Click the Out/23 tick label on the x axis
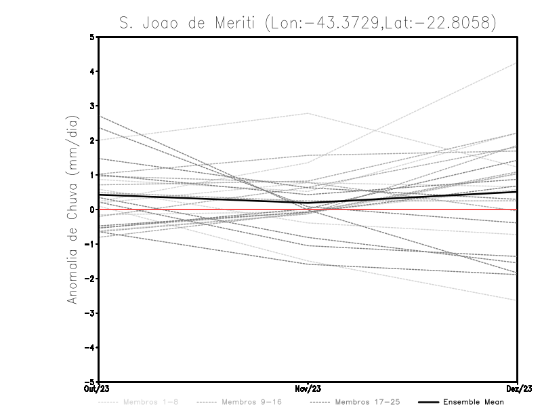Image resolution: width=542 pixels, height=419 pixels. [93, 388]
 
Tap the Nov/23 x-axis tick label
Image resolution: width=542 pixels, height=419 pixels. [308, 388]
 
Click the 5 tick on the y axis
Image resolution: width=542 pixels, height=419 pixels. [92, 37]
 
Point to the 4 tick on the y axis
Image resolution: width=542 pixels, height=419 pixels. [92, 71]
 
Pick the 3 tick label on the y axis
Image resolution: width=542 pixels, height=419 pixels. [92, 106]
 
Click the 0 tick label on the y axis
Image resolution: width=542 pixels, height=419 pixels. [92, 209]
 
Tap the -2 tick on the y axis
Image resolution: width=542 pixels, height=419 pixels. [90, 279]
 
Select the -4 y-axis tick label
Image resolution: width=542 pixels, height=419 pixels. [90, 348]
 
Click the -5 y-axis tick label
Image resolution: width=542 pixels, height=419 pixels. [90, 382]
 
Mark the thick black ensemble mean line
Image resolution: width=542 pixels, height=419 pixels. [203, 199]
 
